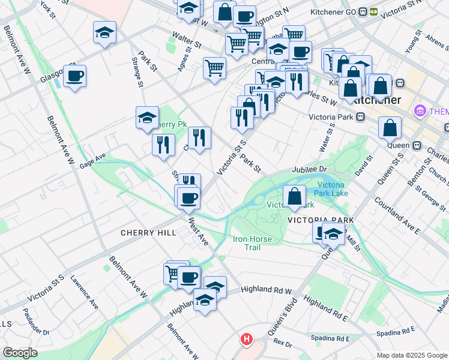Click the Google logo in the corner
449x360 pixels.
pos(20,353)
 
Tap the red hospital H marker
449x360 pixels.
pos(246,340)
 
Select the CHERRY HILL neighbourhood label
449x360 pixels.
pos(148,233)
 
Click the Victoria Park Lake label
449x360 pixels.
pos(331,189)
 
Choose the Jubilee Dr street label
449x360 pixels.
pos(309,170)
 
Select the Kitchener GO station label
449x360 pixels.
pos(332,11)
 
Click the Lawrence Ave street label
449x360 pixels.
pos(83,292)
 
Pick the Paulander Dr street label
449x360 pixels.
pos(36,323)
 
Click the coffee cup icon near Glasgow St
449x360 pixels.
pos(74,76)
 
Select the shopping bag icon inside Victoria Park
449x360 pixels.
pos(294,196)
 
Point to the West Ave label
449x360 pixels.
pos(198,232)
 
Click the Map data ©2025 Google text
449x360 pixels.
pos(411,355)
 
